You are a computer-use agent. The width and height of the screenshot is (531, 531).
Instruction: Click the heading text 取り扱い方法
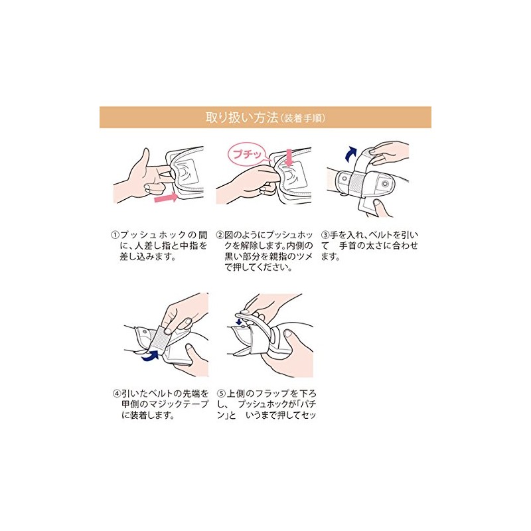point(242,117)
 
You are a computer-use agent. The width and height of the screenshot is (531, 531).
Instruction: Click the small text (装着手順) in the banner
point(303,118)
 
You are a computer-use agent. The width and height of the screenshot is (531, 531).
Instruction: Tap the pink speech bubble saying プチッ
point(248,155)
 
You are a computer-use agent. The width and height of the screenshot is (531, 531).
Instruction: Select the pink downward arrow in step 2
point(289,157)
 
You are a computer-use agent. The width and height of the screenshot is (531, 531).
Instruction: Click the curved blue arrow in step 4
point(150,356)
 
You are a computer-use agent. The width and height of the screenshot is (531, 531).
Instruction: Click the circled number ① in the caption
point(115,235)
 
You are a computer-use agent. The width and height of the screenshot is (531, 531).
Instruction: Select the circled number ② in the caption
point(220,235)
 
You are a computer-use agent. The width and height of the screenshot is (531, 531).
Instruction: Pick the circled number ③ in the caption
point(325,235)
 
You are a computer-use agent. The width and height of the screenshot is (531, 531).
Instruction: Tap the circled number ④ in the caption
point(117,393)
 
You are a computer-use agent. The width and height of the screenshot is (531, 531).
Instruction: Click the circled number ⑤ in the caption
point(222,393)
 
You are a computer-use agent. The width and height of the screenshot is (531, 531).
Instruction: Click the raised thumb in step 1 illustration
point(145,158)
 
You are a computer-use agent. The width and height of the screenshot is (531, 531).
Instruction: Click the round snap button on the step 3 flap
point(385,184)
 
